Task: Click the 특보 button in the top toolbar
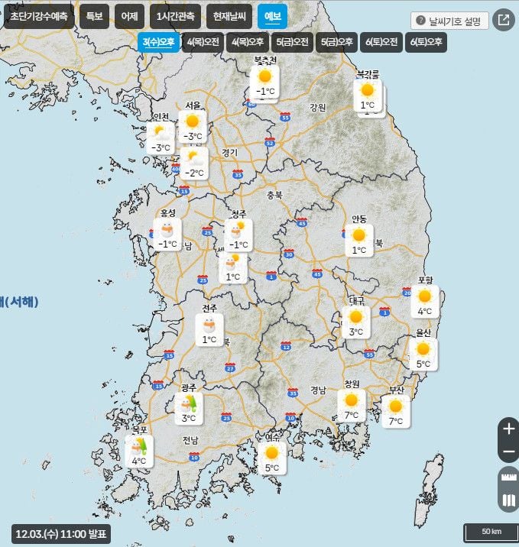94,17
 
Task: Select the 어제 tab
130,17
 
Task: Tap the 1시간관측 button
175,17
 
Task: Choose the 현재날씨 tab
230,17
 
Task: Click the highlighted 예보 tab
272,17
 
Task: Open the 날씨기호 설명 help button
449,21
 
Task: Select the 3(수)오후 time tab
158,43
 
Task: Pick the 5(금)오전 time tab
293,43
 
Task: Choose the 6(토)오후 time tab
427,43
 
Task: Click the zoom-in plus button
508,429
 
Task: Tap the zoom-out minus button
508,452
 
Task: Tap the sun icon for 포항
424,296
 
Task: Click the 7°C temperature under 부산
395,422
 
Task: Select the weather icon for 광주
188,403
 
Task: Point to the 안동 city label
358,219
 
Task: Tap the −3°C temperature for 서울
193,137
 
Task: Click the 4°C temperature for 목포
138,461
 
